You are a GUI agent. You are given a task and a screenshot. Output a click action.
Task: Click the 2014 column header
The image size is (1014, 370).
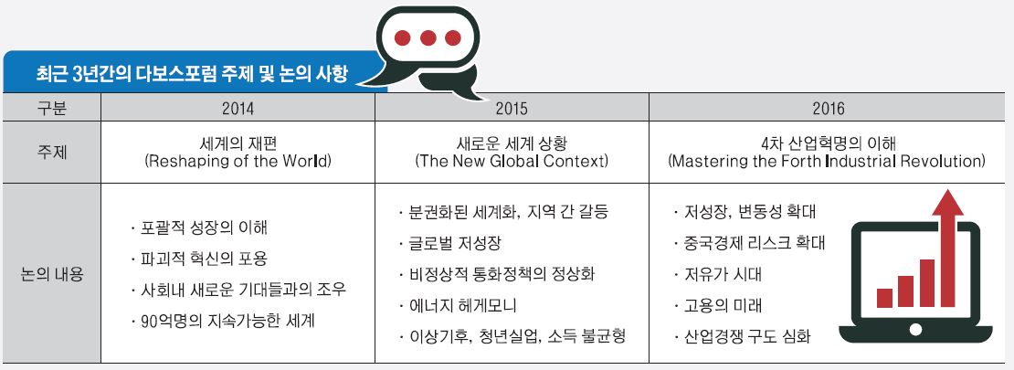click(x=238, y=108)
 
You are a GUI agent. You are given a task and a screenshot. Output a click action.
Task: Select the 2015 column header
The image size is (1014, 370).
click(x=512, y=108)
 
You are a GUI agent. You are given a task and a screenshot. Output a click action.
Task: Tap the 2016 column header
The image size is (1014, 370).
click(x=829, y=108)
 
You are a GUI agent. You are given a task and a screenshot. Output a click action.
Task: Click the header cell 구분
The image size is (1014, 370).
click(x=52, y=108)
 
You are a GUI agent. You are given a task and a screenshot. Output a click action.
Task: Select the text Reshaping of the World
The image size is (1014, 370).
click(x=238, y=161)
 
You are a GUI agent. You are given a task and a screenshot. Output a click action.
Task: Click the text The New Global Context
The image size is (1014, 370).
click(x=512, y=161)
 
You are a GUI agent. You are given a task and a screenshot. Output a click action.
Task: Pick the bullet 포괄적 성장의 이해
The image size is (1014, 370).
click(x=199, y=227)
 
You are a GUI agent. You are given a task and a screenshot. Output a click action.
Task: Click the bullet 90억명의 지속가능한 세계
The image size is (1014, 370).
click(x=223, y=321)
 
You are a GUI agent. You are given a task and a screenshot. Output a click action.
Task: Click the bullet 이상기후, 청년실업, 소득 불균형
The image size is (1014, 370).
click(x=513, y=336)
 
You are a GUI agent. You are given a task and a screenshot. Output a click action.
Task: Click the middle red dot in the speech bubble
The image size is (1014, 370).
click(x=428, y=38)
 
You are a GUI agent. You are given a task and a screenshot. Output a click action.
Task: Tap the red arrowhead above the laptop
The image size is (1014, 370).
click(x=948, y=202)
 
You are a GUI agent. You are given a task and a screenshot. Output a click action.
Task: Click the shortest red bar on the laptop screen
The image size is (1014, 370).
click(x=884, y=298)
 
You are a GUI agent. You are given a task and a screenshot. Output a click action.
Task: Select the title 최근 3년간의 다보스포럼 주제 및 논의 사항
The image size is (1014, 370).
click(x=194, y=74)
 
